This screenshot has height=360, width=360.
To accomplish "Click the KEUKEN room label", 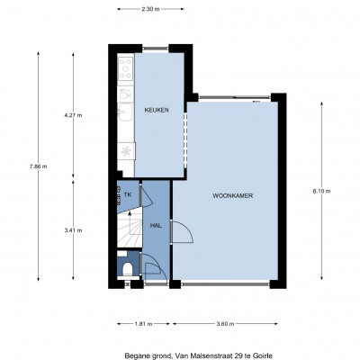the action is pos(157,110).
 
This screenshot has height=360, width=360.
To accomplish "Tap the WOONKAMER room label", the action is pos(233,196).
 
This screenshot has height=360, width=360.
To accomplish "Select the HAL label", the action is pos(156,226).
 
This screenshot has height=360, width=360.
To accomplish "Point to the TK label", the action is pos(128,194).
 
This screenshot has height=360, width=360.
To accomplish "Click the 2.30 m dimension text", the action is pos(150,9).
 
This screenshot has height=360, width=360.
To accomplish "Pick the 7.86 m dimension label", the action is pos(38,166).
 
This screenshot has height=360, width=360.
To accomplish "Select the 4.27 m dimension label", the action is pos(73,115).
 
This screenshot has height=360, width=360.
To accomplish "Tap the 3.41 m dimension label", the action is pos(73,230).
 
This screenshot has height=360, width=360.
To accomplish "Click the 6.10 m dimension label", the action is pos(321,191).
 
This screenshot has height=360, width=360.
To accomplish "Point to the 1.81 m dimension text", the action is pos(143,324).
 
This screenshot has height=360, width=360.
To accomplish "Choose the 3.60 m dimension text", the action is pos(225,324).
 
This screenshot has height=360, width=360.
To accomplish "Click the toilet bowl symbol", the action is pos(127,269).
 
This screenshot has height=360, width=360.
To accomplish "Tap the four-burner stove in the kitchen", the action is pos(126,68).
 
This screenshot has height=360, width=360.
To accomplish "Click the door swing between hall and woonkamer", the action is pos(182,231).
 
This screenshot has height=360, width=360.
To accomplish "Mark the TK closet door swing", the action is pos(147,194).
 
